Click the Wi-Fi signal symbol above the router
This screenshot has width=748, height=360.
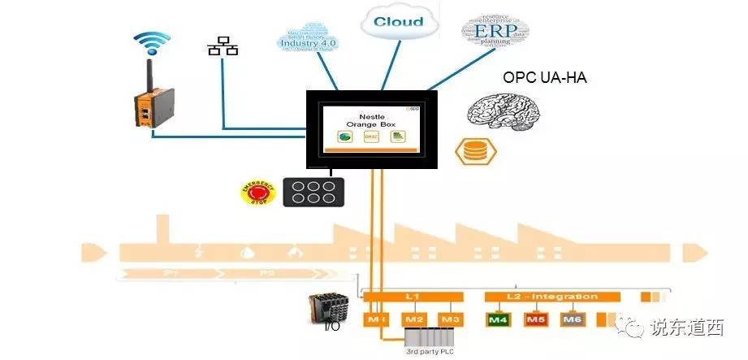[152, 43]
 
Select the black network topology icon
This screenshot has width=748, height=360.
[223, 46]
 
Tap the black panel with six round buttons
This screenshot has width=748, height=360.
[309, 192]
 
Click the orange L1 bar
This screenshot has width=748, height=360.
[413, 297]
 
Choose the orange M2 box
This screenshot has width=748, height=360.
[414, 319]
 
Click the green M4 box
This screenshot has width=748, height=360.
[497, 319]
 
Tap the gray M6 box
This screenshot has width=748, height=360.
[573, 319]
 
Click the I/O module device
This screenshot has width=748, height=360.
[330, 310]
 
